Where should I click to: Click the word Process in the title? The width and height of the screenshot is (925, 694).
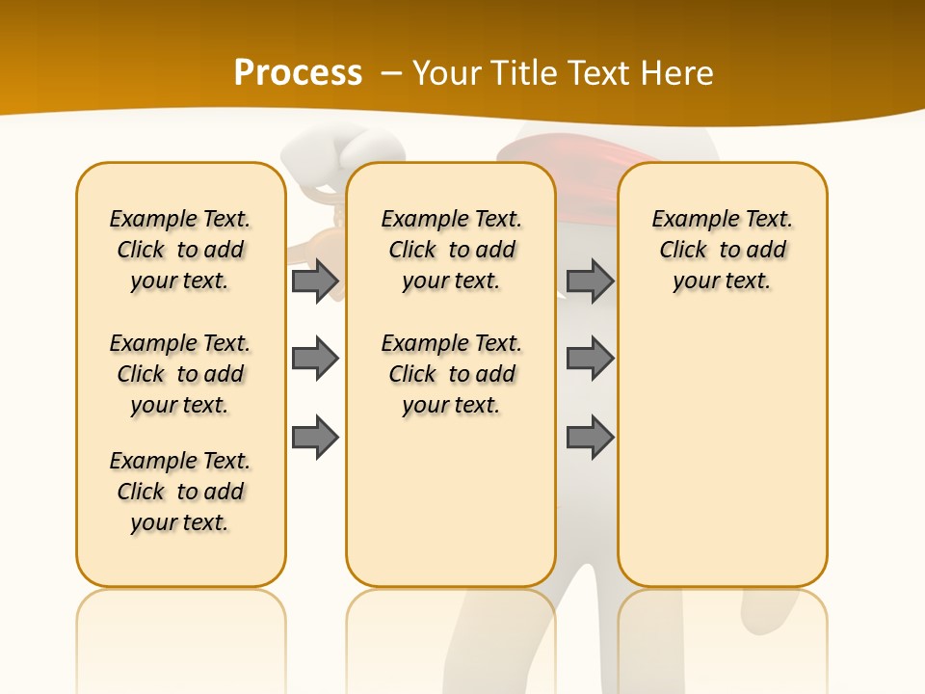[298, 73]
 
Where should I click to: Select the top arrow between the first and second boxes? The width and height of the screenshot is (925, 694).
[315, 280]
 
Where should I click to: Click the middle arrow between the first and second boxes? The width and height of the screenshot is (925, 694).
[315, 359]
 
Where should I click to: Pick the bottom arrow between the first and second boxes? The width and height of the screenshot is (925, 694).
[315, 437]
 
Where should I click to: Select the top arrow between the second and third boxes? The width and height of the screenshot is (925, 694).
[590, 280]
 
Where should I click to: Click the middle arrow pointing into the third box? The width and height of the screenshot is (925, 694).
[590, 359]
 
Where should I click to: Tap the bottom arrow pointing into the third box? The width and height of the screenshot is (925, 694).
[590, 437]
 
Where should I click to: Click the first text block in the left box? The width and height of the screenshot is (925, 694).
[180, 250]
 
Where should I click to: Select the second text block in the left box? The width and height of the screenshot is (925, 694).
[180, 374]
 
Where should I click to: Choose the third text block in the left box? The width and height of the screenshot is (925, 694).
[180, 492]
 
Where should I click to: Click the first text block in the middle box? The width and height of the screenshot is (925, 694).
[451, 250]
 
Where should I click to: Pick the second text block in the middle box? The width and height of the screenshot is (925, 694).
[451, 374]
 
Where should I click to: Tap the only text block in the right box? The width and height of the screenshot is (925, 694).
[722, 250]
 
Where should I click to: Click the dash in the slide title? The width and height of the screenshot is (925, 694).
[391, 73]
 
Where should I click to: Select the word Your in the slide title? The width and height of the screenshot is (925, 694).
[448, 73]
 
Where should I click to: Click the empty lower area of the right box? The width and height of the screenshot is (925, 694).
[722, 463]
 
